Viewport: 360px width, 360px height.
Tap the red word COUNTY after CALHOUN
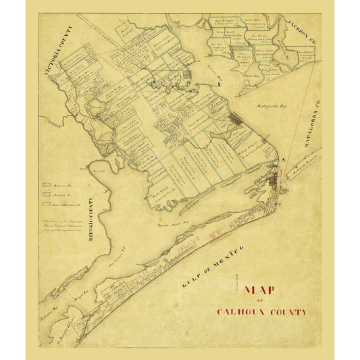point(288,312)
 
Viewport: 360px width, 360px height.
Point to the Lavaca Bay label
point(214,78)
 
